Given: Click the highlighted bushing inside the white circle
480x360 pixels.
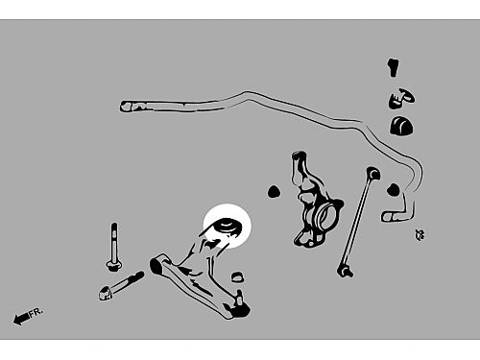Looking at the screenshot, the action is (227, 227).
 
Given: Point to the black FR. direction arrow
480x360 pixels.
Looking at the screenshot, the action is (21, 318).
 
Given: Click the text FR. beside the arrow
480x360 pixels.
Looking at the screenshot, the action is (36, 312).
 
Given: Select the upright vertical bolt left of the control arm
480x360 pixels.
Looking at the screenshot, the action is (114, 247).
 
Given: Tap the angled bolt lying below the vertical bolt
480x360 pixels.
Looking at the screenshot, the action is (120, 286).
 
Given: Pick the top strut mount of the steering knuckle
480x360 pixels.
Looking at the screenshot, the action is (300, 156).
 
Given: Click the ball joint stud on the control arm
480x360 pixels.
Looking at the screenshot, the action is (239, 297).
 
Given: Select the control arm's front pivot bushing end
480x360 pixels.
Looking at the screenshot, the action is (156, 266).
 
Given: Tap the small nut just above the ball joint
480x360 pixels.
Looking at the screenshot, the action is (237, 276).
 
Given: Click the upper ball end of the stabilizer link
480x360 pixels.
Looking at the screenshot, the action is (373, 173).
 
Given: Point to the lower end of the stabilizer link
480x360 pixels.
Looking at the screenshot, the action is (345, 272).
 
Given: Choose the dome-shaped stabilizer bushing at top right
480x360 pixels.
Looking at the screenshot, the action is (401, 126).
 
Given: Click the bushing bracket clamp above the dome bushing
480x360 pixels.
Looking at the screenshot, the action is (401, 99).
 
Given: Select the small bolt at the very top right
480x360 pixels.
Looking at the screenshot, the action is (394, 67).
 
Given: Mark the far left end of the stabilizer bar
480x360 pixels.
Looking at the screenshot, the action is (126, 107).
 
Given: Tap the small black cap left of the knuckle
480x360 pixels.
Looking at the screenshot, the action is (274, 191).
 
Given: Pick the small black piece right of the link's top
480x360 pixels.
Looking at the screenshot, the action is (394, 190).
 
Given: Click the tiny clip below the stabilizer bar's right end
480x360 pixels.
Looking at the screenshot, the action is (420, 234).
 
